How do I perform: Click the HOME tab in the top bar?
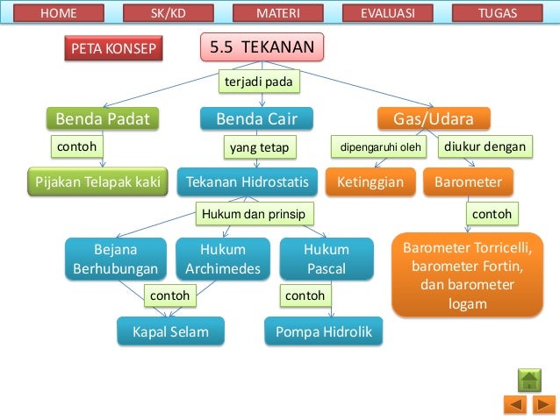pos(59,13)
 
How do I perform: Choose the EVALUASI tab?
pos(387,13)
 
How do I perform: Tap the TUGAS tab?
pos(498,13)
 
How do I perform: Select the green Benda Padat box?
pos(103,118)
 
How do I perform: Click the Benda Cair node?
pos(250,118)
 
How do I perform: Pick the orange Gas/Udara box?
pos(433,118)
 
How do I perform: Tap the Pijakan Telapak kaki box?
pos(97,182)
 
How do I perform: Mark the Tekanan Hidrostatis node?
pos(248,182)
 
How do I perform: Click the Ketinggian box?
pos(370,182)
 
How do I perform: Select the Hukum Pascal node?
pos(327,260)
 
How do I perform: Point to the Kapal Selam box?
pos(169,332)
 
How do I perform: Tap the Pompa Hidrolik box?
pos(324,332)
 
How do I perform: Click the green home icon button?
pos(529,381)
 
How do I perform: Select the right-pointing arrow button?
pos(542,405)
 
